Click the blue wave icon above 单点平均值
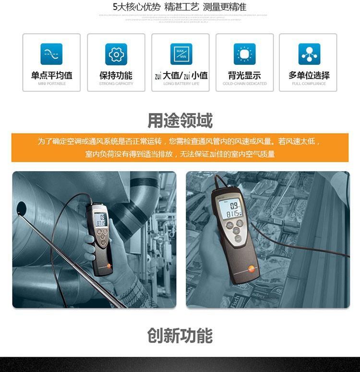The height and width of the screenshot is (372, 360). tap(51, 54)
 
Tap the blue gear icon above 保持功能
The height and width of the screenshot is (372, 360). tap(116, 54)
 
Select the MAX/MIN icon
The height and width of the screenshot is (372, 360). tap(181, 54)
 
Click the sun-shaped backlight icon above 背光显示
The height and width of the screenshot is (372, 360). tap(245, 54)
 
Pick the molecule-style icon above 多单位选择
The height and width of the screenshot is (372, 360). tap(309, 54)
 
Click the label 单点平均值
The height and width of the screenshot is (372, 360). tap(51, 75)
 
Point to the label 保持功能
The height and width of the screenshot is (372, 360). tap(116, 75)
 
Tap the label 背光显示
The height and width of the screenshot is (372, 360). tap(245, 75)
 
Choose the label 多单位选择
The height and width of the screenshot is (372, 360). tap(309, 75)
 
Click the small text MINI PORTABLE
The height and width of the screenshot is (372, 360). tap(51, 84)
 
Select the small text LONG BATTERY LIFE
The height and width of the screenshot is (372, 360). tap(181, 84)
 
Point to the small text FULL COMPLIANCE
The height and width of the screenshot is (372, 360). tap(309, 84)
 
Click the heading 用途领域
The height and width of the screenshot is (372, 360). tap(180, 120)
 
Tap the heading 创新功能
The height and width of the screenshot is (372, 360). tap(180, 335)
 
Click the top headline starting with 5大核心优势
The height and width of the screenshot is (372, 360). tap(180, 7)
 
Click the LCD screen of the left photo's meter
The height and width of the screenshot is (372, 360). tap(100, 220)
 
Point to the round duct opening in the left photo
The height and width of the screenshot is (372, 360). tap(22, 208)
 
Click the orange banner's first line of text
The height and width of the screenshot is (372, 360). tap(180, 141)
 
